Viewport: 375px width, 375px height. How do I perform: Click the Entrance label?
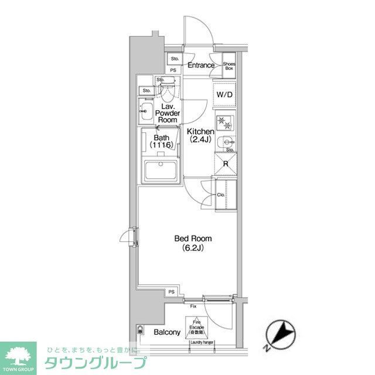click(201, 65)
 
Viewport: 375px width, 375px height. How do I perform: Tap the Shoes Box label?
click(229, 65)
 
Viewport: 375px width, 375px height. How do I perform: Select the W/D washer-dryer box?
click(224, 95)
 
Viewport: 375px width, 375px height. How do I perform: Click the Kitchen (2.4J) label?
click(199, 135)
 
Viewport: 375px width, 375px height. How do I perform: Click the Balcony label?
click(167, 332)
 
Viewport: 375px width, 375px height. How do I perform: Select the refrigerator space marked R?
click(226, 165)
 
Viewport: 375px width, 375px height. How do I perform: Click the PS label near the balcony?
click(172, 292)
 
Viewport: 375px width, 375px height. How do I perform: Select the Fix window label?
click(193, 306)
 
